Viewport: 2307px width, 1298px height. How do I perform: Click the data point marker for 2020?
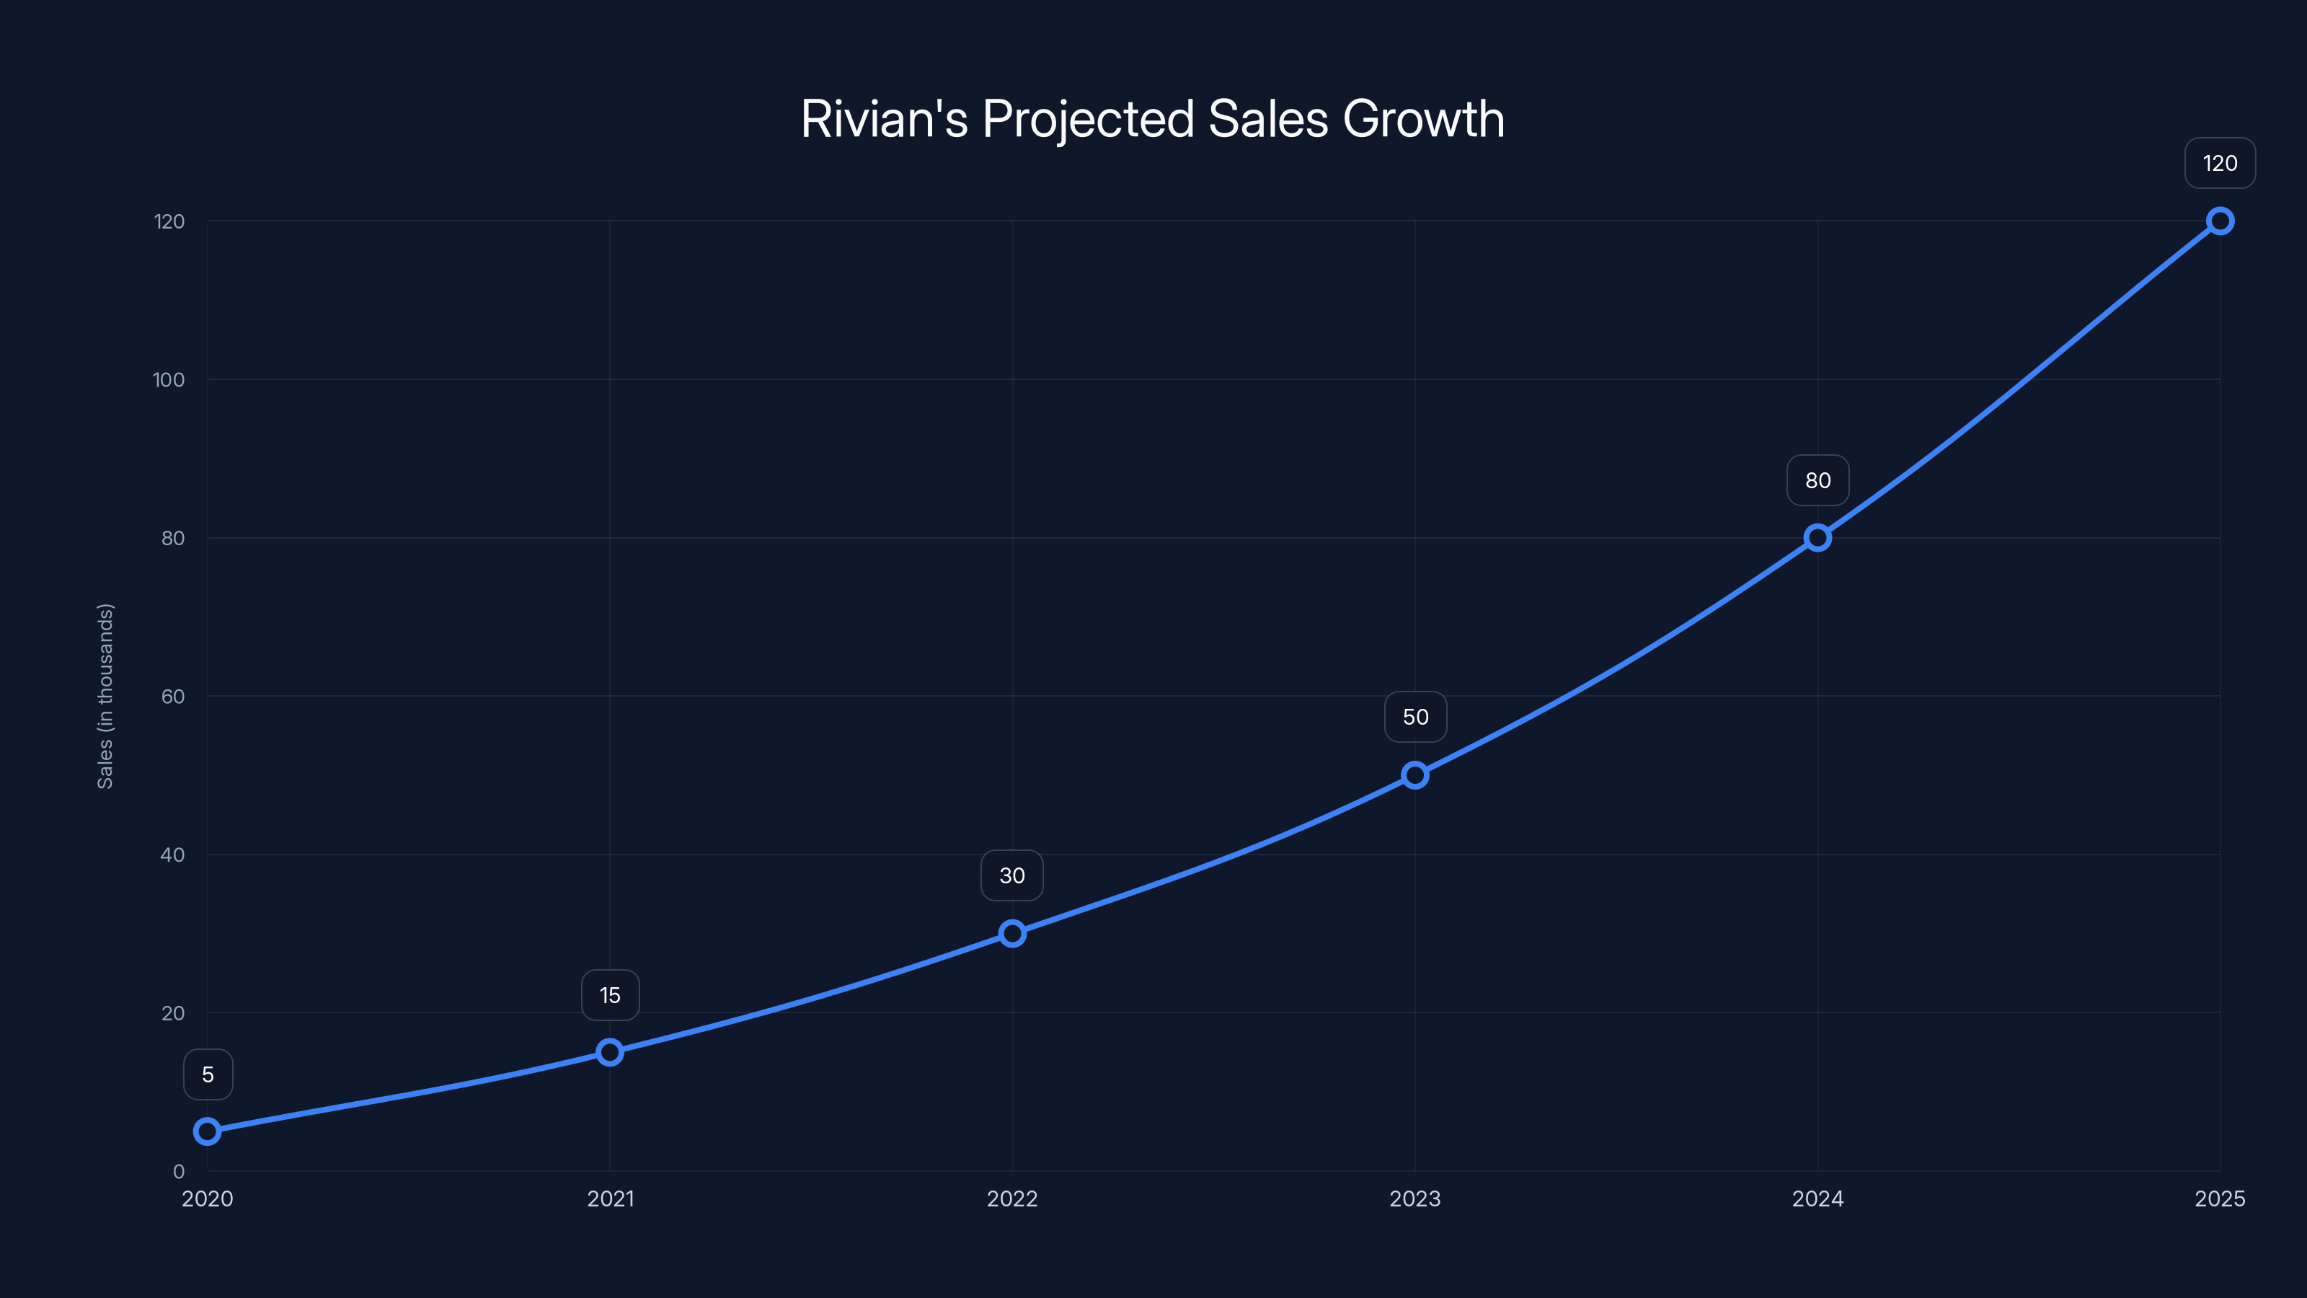coord(207,1131)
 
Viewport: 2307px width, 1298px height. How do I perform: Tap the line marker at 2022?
coord(1012,933)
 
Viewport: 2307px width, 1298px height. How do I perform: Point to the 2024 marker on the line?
coord(1817,537)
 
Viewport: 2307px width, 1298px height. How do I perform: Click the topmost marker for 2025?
coord(2219,221)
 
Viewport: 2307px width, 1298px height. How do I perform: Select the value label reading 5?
coord(208,1074)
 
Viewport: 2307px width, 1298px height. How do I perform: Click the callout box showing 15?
coord(610,995)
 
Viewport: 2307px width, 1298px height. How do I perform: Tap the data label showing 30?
coord(1012,875)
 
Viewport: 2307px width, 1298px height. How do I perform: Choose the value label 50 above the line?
coord(1415,717)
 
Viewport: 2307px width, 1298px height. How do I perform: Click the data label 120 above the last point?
coord(2219,163)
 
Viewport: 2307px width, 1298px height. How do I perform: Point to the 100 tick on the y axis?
coord(169,380)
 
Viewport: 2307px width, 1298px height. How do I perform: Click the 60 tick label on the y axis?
coord(173,696)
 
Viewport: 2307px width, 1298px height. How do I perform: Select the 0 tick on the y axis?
coord(178,1171)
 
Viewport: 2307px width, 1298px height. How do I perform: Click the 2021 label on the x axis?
coord(610,1198)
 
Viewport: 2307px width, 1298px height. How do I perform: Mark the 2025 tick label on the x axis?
coord(2219,1198)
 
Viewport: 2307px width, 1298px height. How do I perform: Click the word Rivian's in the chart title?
coord(884,119)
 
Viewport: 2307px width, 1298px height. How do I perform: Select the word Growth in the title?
coord(1423,119)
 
